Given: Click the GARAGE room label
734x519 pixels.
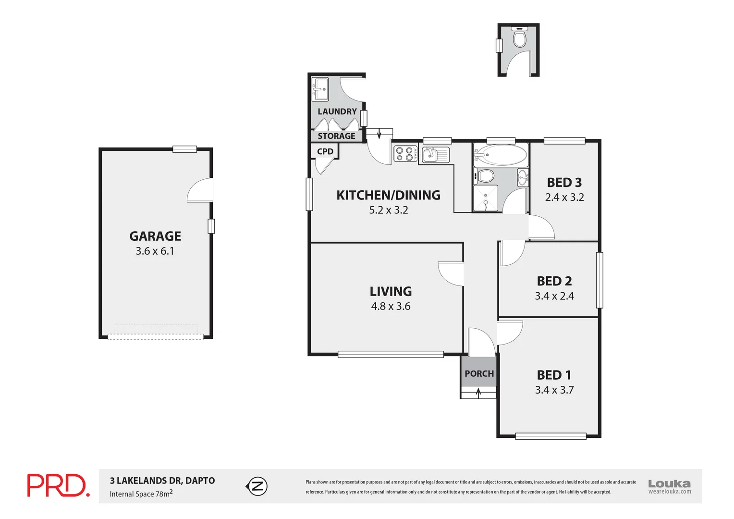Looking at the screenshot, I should [x=155, y=236].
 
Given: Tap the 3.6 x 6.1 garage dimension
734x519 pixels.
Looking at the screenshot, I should [x=155, y=251].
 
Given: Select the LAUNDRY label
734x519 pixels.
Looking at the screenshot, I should [x=337, y=111].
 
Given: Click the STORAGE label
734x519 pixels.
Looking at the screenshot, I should [x=336, y=136].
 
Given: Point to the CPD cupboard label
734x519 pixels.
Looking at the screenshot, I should [x=325, y=151].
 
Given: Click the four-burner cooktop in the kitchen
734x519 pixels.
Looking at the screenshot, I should [x=405, y=154].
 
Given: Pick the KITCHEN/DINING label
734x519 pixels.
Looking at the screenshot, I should [x=388, y=195].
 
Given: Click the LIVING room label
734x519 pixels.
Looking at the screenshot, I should [x=391, y=291].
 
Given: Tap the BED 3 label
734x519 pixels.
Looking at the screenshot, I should [x=564, y=183].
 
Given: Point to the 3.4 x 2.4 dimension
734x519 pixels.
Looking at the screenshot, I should [x=554, y=296].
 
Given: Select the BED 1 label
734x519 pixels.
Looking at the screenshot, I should [x=554, y=375].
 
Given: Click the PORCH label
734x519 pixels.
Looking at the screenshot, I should [x=479, y=373].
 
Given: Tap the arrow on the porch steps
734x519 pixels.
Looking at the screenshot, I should [x=478, y=393].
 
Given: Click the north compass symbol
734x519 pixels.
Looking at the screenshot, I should [x=257, y=486].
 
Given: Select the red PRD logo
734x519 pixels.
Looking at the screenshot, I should [x=58, y=485].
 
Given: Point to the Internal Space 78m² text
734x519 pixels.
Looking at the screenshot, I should [x=141, y=494].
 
